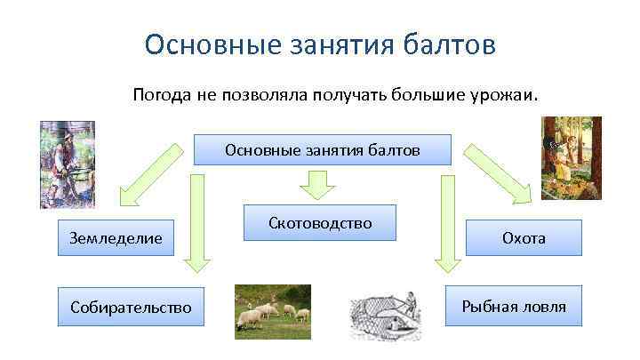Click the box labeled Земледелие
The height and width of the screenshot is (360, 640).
[116, 238]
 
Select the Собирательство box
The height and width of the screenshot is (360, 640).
[131, 308]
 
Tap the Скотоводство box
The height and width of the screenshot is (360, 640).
[320, 223]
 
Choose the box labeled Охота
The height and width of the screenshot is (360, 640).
[524, 238]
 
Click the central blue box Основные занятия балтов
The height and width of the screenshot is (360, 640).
[322, 150]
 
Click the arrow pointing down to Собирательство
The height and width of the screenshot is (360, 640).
[196, 222]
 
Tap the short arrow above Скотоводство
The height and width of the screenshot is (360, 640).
[316, 183]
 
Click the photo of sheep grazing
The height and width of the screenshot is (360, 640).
[272, 312]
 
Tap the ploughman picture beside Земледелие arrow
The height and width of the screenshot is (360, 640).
[67, 164]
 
